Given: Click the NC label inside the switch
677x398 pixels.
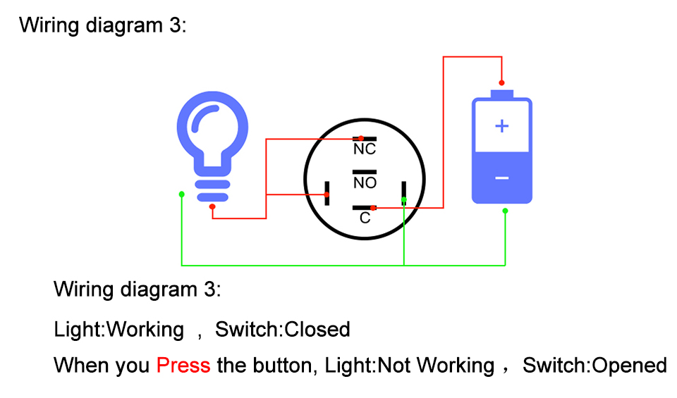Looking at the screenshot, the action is click(x=365, y=149).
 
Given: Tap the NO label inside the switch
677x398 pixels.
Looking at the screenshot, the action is click(x=365, y=183).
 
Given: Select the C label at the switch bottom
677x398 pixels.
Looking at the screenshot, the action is click(x=365, y=218).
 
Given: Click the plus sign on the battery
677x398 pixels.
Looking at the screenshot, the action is click(x=501, y=126).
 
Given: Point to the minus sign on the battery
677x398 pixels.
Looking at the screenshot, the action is click(x=501, y=178).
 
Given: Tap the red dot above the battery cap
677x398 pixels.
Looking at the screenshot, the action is click(x=501, y=83).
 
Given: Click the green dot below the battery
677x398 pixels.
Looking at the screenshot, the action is click(x=505, y=211).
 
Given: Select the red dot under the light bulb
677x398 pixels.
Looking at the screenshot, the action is click(x=212, y=207).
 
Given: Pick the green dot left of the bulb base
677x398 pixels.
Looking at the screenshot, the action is click(x=182, y=194).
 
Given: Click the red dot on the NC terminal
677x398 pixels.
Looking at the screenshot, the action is click(x=361, y=138).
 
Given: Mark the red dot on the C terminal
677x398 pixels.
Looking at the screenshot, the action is click(x=373, y=208).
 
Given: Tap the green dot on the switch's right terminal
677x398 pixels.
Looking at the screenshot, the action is click(x=404, y=199).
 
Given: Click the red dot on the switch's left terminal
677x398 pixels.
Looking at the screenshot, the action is click(x=327, y=194).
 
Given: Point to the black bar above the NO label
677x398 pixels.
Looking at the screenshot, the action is click(x=365, y=172).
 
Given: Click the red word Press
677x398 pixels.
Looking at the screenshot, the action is click(x=183, y=365).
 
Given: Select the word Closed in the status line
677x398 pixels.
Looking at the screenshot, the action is click(x=317, y=330).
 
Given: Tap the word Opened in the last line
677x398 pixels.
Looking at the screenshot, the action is click(x=629, y=365).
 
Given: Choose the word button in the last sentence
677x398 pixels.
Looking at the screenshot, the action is click(x=285, y=365).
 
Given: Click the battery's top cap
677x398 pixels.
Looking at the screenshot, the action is click(x=501, y=94).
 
